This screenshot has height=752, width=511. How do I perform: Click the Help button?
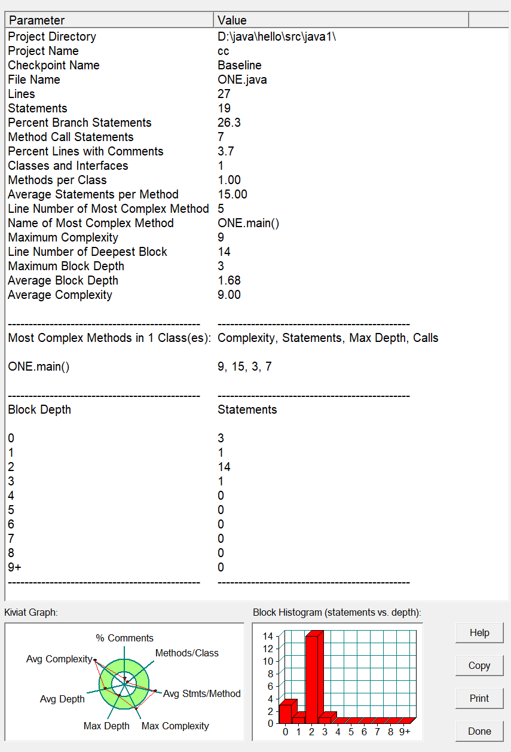[479, 633]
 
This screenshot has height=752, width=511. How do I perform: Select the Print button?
[479, 698]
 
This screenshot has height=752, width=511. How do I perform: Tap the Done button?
[479, 731]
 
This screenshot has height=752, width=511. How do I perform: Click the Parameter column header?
[109, 20]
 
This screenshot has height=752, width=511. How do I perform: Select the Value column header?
[341, 20]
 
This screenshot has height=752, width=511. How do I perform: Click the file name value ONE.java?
[242, 80]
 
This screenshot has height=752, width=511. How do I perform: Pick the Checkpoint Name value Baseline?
[239, 65]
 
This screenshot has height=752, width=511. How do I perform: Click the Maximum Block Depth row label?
[66, 266]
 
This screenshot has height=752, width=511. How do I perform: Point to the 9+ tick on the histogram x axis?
[405, 732]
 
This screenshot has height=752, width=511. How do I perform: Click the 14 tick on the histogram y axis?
[268, 636]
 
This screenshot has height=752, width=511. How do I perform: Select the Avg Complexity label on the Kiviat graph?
[59, 659]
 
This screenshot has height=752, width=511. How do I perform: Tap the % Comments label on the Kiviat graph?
[124, 638]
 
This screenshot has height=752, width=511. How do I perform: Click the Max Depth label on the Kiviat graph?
[106, 726]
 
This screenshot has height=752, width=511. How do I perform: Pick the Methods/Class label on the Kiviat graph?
[187, 653]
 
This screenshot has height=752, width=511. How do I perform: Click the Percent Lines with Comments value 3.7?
[225, 151]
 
